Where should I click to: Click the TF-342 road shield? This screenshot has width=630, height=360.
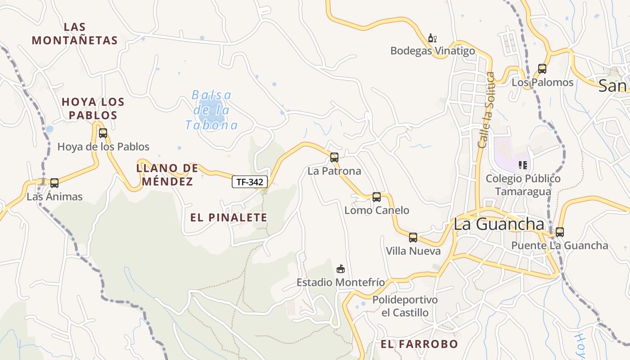pos(250,182)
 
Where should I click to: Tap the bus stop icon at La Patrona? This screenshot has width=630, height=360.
pos(334,157)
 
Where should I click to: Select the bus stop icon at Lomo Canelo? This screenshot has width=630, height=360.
pos(377,197)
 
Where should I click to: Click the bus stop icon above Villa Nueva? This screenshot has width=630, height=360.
pos(413,238)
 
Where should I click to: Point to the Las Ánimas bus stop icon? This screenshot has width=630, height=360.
pos(54,183)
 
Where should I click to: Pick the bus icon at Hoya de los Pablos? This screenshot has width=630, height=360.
pos(103,133)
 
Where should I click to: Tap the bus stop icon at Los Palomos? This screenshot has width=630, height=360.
pos(542,69)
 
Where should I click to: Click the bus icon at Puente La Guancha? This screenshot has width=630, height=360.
pos(559,232)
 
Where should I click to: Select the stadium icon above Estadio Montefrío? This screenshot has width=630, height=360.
pos(341,269)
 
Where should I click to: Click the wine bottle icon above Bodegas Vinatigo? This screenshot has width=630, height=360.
pos(432,38)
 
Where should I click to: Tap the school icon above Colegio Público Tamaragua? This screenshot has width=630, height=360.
pos(522,165)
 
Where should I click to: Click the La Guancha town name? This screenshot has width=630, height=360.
pos(499,224)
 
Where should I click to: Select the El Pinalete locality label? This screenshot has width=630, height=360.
pos(229,218)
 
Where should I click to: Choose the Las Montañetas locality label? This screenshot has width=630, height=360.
pos(75,34)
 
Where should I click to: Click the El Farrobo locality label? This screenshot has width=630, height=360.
pos(419,344)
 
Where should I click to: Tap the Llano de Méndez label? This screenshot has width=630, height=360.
pos(167,175)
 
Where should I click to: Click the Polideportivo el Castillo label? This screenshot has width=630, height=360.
pos(405,306)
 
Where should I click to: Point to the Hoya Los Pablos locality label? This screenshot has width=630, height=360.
pos(93,108)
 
